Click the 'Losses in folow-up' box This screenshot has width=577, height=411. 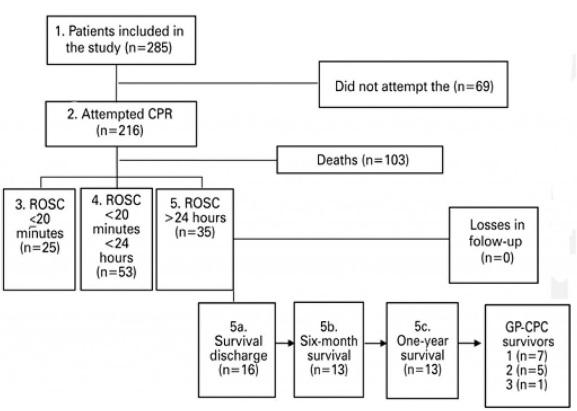(493, 244)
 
